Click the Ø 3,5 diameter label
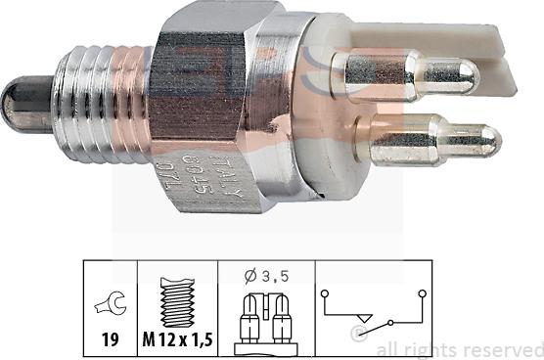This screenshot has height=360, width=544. click(x=263, y=275)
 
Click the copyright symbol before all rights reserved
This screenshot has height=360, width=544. click(x=360, y=335)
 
